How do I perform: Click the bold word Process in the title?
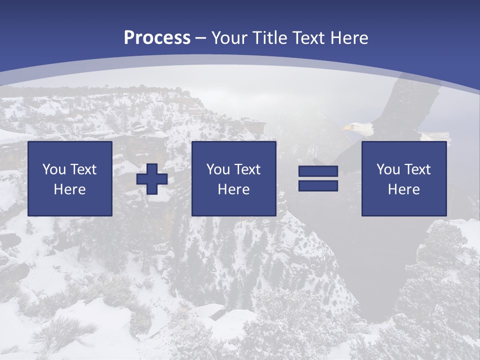click(x=157, y=38)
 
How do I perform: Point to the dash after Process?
click(x=201, y=38)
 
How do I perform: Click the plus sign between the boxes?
click(x=152, y=179)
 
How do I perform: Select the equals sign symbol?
click(x=318, y=178)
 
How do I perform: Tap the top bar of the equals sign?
click(x=318, y=171)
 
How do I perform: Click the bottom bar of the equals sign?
click(x=318, y=185)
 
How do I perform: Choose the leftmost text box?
click(x=70, y=178)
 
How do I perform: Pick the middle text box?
click(x=234, y=178)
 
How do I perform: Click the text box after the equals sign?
click(x=404, y=178)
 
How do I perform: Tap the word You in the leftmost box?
click(x=54, y=169)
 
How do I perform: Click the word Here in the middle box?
click(x=234, y=189)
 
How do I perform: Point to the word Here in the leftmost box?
click(x=70, y=189)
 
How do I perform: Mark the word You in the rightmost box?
click(x=388, y=169)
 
